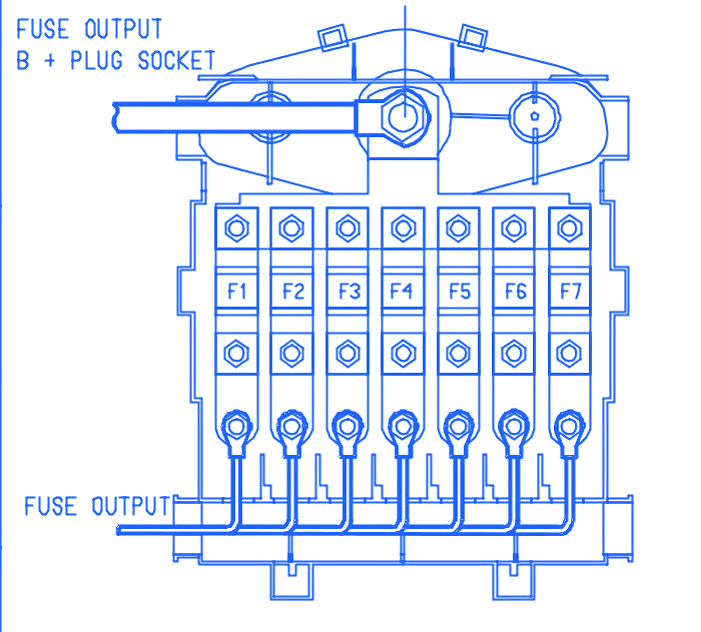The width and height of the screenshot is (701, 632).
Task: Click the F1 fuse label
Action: (x=237, y=292)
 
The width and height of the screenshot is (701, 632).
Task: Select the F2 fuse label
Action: (x=293, y=292)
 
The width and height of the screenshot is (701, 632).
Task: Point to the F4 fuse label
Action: (x=402, y=292)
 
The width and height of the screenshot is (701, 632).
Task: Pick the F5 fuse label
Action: (x=459, y=292)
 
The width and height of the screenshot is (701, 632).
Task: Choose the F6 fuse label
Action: (x=515, y=292)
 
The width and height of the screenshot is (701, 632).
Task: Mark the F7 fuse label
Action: (x=570, y=292)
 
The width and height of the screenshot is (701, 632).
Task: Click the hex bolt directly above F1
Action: (x=237, y=228)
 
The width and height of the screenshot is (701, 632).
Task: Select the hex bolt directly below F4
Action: (x=403, y=352)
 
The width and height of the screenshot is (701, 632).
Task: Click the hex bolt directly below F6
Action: (x=514, y=352)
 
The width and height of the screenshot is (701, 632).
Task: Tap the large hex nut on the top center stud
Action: (x=401, y=114)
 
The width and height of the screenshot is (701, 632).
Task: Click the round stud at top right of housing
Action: (x=536, y=115)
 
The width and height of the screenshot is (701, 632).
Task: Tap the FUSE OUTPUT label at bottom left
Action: (x=96, y=506)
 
